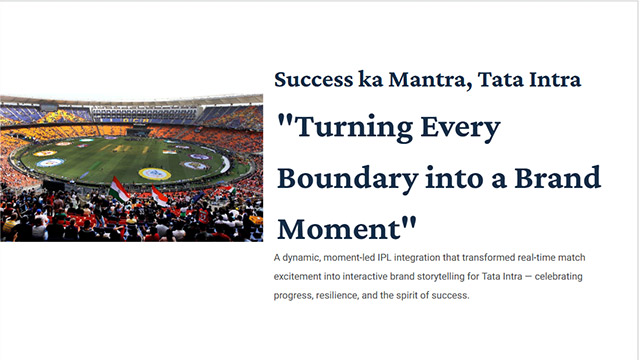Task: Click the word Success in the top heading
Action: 313,79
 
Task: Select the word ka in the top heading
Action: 371,79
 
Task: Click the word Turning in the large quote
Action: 352,128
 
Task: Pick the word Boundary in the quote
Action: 348,179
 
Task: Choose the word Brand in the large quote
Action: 557,178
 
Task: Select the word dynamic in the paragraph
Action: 301,258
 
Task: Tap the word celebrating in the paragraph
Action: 559,277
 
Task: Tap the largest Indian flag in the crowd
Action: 119,190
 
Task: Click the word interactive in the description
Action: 365,277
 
